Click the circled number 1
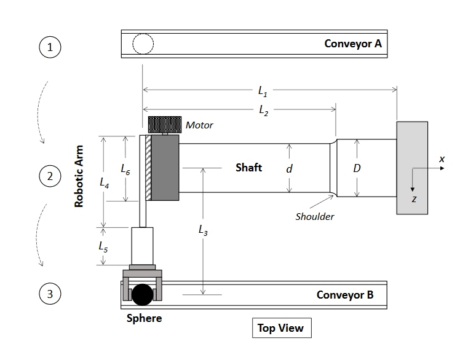[50, 47]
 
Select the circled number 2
[50, 177]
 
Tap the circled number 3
[50, 294]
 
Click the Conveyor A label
[353, 44]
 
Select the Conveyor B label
[344, 295]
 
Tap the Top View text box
[281, 327]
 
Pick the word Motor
[199, 125]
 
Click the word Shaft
[248, 167]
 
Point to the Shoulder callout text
[315, 216]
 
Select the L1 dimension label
[263, 92]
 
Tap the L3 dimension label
[203, 230]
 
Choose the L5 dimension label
[104, 246]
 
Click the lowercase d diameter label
[289, 168]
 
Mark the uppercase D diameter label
[357, 168]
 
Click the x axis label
[441, 159]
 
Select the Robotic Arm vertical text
[79, 176]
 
